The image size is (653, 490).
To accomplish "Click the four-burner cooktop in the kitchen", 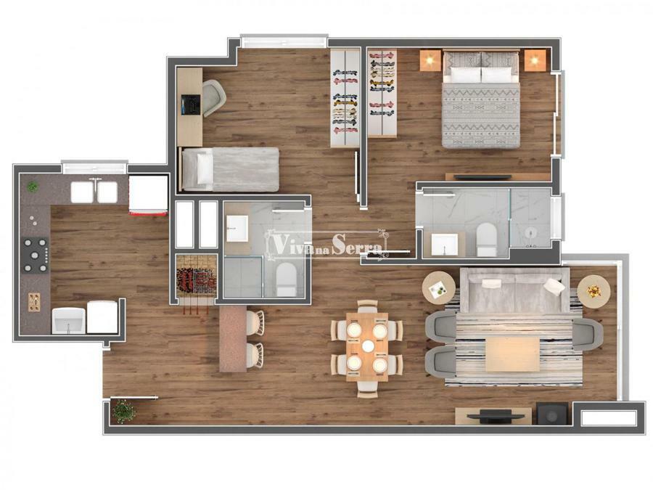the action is point(35,255).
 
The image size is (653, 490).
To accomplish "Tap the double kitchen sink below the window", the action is point(94,192).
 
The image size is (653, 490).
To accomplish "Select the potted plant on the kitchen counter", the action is point(33,187).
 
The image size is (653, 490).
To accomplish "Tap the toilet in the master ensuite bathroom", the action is point(486,239).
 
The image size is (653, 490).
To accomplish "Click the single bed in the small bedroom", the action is point(230,169).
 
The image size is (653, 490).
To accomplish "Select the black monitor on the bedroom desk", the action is point(191,105).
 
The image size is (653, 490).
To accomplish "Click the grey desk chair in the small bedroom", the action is point(214,98).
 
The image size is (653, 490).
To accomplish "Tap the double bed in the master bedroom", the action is point(481,99).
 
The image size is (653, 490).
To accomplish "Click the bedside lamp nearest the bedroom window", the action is point(535,60).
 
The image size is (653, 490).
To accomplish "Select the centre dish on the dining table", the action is point(368,346).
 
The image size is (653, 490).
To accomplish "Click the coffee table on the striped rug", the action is point(513,354).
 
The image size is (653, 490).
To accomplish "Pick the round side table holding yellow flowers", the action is point(594,291).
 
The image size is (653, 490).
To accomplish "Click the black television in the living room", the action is point(495,415).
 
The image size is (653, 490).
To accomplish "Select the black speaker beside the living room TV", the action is point(551,413).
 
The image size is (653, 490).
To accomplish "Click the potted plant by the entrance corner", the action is point(124,412).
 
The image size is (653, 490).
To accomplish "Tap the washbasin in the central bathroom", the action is point(237,229).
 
